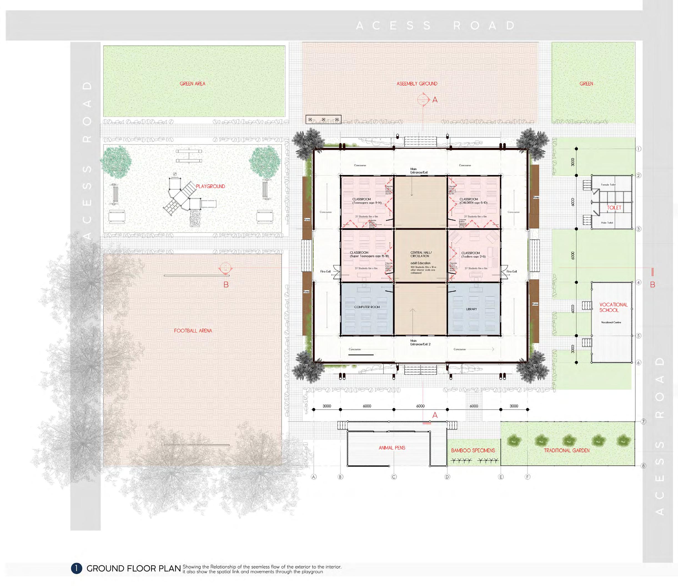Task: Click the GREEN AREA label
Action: point(192,84)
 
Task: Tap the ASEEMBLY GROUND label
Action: point(417,84)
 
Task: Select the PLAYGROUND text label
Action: point(210,186)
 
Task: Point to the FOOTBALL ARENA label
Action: point(193,331)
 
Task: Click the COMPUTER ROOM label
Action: point(367,307)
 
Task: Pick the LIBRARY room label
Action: point(471,309)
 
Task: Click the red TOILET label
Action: point(614,208)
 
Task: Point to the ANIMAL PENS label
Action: point(392,448)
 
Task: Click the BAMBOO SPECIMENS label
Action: point(473,450)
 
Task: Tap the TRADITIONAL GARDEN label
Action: point(567,450)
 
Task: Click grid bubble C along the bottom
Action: point(394,477)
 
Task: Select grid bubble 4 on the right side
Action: point(638,282)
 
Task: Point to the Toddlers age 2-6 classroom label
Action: point(473,255)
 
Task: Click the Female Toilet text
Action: point(608,185)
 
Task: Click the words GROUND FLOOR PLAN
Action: point(134,569)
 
